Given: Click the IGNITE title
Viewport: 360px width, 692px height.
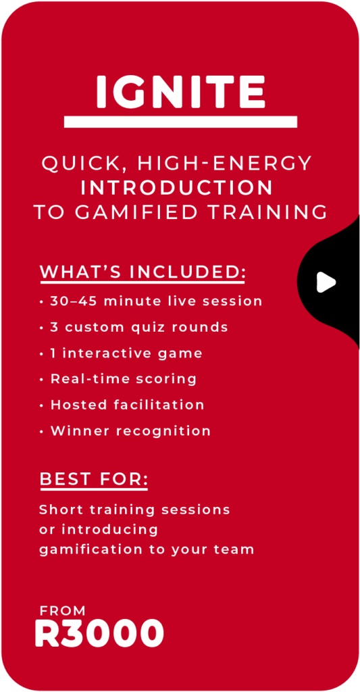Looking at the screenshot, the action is pyautogui.click(x=180, y=91).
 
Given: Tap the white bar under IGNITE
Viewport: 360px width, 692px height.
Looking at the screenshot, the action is pyautogui.click(x=180, y=122).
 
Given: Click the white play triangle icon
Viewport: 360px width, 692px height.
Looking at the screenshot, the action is pyautogui.click(x=326, y=282).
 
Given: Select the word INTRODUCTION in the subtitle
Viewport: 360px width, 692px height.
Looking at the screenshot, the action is pyautogui.click(x=176, y=188).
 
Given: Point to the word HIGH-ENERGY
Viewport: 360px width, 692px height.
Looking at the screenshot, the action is pyautogui.click(x=225, y=164).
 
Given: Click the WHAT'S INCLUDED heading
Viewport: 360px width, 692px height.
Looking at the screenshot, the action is pyautogui.click(x=143, y=272).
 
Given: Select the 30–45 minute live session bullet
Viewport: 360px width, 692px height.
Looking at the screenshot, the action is pyautogui.click(x=151, y=301).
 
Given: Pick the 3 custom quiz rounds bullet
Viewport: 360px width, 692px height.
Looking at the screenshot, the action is pyautogui.click(x=134, y=328).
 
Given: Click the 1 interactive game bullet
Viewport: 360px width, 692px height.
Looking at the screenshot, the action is pyautogui.click(x=121, y=353).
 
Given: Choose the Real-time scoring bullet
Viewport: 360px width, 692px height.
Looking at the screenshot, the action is pyautogui.click(x=118, y=379).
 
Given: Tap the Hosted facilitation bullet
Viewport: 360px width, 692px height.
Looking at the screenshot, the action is pyautogui.click(x=122, y=405).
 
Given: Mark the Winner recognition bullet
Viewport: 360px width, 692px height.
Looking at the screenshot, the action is pyautogui.click(x=125, y=430).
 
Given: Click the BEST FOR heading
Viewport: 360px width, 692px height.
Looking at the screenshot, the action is pyautogui.click(x=94, y=479).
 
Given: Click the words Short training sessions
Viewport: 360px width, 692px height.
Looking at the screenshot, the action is pyautogui.click(x=134, y=510).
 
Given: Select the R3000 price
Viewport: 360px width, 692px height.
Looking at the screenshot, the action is pyautogui.click(x=99, y=633).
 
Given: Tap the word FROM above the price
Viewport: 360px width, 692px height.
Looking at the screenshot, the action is pyautogui.click(x=62, y=611).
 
